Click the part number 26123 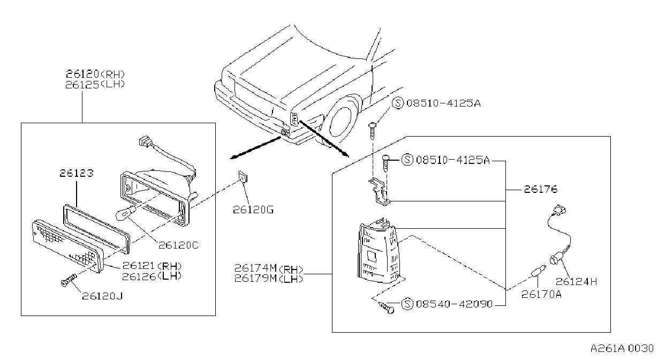pyautogui.click(x=77, y=173)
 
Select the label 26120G pyautogui.click(x=253, y=210)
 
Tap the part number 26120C pyautogui.click(x=179, y=245)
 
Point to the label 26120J pyautogui.click(x=102, y=296)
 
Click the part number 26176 pyautogui.click(x=541, y=189)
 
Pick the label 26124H pyautogui.click(x=576, y=282)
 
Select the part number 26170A pyautogui.click(x=541, y=294)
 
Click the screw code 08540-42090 pyautogui.click(x=454, y=304)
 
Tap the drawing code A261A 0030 pyautogui.click(x=622, y=348)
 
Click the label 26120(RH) pyautogui.click(x=95, y=73)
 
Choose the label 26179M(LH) pyautogui.click(x=268, y=278)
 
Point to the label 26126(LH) pyautogui.click(x=152, y=276)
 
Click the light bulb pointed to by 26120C pyautogui.click(x=126, y=213)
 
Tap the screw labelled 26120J pyautogui.click(x=69, y=280)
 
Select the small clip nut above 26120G pyautogui.click(x=243, y=177)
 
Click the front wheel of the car pyautogui.click(x=341, y=121)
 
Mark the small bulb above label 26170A pyautogui.click(x=539, y=271)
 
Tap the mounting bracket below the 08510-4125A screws pyautogui.click(x=380, y=192)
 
